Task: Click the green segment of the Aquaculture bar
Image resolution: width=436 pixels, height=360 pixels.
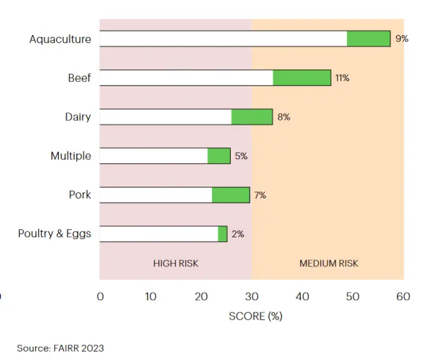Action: click(x=368, y=39)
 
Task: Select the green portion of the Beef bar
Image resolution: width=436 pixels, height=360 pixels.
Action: click(x=302, y=77)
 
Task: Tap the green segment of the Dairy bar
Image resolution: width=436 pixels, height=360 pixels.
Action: click(x=252, y=117)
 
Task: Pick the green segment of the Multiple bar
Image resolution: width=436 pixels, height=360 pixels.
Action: click(x=219, y=156)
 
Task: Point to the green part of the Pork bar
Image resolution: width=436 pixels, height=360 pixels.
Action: click(x=231, y=195)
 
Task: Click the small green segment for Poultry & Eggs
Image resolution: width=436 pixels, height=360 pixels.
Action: click(x=223, y=234)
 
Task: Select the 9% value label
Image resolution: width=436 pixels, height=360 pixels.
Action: click(x=402, y=39)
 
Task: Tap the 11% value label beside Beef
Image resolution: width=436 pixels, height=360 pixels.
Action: click(x=342, y=77)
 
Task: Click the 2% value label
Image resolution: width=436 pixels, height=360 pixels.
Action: click(x=238, y=234)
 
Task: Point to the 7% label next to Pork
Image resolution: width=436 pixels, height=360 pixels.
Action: click(x=260, y=195)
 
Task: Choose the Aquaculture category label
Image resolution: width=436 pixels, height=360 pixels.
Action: click(x=60, y=39)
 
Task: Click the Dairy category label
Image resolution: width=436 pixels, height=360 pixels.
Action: click(x=78, y=117)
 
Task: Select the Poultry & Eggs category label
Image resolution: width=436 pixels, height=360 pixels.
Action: click(x=54, y=234)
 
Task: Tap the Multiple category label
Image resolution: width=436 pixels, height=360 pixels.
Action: click(x=71, y=156)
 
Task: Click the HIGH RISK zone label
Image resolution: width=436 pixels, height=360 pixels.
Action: click(x=176, y=263)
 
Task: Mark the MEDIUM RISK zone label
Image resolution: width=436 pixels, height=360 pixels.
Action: click(x=328, y=263)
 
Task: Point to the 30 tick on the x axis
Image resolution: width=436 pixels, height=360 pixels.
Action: click(x=251, y=297)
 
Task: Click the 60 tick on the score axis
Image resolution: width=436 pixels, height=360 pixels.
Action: click(x=403, y=297)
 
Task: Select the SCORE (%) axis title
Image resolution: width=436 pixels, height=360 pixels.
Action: click(x=256, y=316)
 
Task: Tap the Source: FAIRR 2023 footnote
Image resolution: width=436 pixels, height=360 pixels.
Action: click(x=60, y=348)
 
